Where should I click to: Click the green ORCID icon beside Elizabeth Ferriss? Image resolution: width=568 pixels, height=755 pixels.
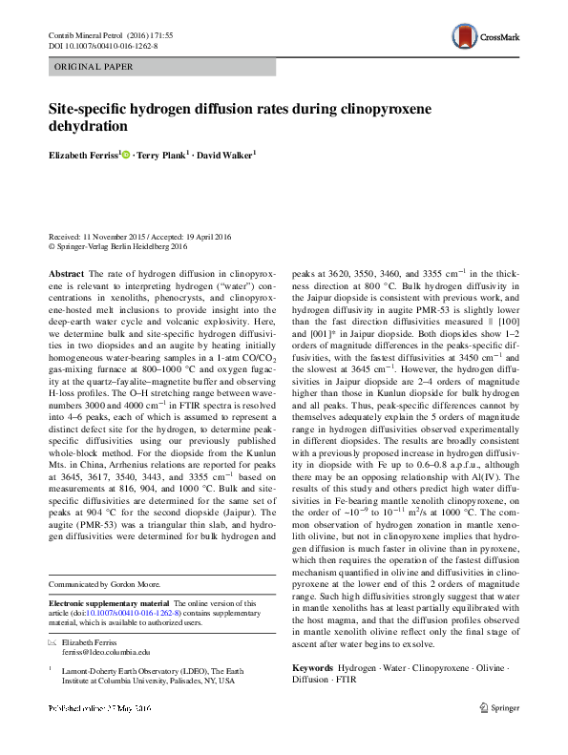[125, 153]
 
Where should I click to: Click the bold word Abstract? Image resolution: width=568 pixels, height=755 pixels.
[66, 273]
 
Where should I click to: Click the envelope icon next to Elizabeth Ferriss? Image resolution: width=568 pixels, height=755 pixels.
[53, 643]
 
